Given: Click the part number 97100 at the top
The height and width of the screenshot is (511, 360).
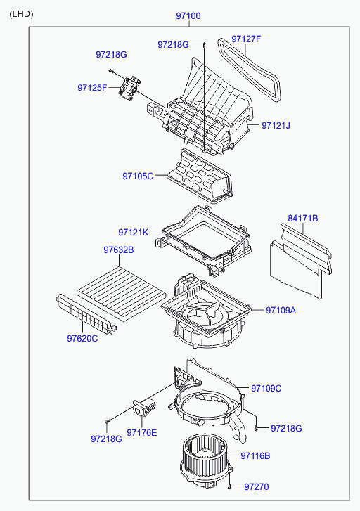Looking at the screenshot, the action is point(188,15).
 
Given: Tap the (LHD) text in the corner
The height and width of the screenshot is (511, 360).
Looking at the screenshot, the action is point(21,14).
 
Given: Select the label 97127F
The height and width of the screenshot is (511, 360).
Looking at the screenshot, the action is point(246,39).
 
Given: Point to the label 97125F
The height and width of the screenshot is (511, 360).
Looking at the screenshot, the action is point(92,88).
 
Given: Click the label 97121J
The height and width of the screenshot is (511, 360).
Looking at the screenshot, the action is point(276,125).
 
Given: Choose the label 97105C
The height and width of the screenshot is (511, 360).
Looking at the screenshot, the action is point(138,176).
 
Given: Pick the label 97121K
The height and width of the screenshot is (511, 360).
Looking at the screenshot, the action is point(133,232).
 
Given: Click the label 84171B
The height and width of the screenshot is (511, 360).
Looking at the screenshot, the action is point(302,218).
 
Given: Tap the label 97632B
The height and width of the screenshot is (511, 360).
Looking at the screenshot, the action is point(119,250).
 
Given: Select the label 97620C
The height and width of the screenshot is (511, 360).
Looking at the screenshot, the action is point(82,339).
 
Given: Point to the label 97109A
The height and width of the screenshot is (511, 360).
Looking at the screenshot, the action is point(281,310).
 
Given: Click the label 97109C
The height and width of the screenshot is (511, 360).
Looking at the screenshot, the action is point(266,389).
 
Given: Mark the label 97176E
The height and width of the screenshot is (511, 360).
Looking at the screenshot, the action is point(141,432).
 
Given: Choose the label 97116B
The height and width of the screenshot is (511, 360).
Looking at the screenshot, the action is point(255,456).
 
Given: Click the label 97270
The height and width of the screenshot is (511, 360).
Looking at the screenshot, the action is point(257,486).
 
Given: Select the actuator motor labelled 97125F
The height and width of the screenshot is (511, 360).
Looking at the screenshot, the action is point(129,88).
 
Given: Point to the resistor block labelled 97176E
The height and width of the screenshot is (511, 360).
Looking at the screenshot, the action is point(144,408).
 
